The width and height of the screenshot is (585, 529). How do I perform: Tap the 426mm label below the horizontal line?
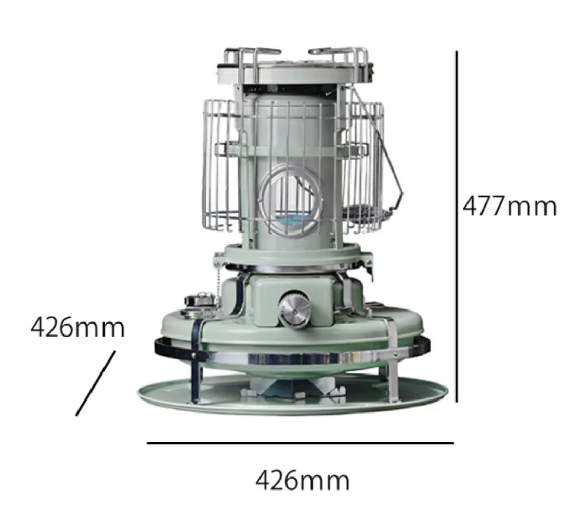coord(303,480)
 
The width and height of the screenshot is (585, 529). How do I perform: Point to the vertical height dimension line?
coord(456,227)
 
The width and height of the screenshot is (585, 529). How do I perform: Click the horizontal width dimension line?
coord(301,443)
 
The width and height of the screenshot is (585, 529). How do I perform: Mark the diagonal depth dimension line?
coord(96,383)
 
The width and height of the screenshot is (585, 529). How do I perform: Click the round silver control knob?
coord(294,310)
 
